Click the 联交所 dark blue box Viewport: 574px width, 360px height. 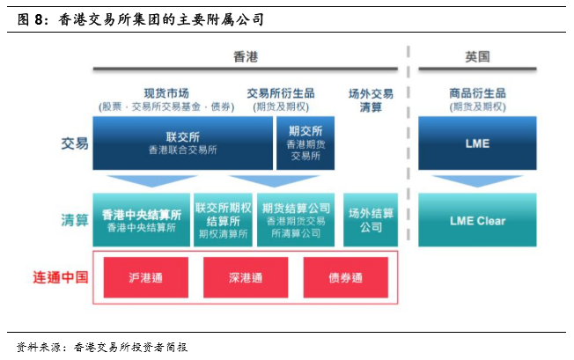pyautogui.click(x=182, y=143)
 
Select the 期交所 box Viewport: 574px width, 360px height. pyautogui.click(x=305, y=143)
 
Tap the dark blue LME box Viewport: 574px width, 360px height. pyautogui.click(x=477, y=143)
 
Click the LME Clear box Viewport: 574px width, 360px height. pyautogui.click(x=477, y=220)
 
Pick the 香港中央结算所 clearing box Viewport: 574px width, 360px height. pyautogui.click(x=142, y=220)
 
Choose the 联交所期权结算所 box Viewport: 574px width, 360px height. pyautogui.click(x=223, y=220)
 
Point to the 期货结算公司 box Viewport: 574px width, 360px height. pyautogui.click(x=296, y=220)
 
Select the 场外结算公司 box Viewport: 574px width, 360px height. pyautogui.click(x=371, y=220)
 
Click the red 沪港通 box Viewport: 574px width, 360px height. pyautogui.click(x=146, y=277)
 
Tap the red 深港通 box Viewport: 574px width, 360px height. pyautogui.click(x=246, y=277)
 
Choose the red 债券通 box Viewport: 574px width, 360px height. pyautogui.click(x=346, y=277)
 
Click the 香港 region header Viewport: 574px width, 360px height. pyautogui.click(x=246, y=56)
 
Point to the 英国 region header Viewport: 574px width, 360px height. pyautogui.click(x=477, y=56)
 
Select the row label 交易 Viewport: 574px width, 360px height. pyautogui.click(x=75, y=143)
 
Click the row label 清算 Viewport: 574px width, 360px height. pyautogui.click(x=75, y=220)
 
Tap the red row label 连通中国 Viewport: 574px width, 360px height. pyautogui.click(x=61, y=277)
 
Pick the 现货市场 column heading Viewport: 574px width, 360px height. pyautogui.click(x=166, y=93)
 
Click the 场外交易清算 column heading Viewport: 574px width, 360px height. pyautogui.click(x=371, y=100)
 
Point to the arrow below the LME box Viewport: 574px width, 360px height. pyautogui.click(x=477, y=180)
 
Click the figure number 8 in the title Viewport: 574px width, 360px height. pyautogui.click(x=39, y=19)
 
